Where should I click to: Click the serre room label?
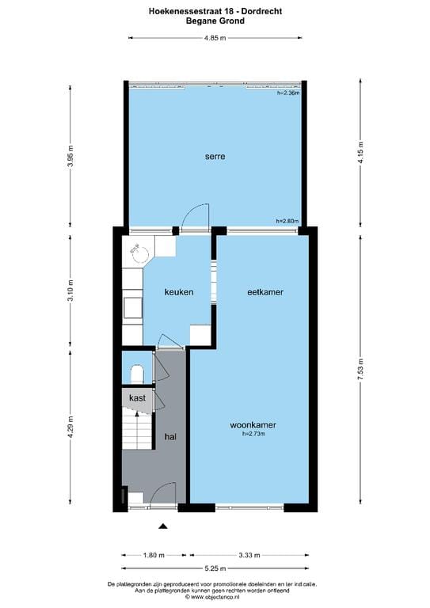[x=215, y=157]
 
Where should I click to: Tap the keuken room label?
[x=178, y=292]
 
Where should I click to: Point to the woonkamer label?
[x=253, y=424]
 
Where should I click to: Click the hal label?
[x=170, y=436]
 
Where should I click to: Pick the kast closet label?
[x=137, y=398]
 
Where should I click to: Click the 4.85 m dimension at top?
[x=215, y=38]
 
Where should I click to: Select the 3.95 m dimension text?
[x=70, y=150]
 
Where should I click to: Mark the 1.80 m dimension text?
[x=154, y=555]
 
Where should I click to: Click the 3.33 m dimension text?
[x=249, y=555]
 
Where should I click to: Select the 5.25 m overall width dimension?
[x=215, y=568]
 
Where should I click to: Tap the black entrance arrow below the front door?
[x=164, y=526]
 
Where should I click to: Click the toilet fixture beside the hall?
[x=135, y=372]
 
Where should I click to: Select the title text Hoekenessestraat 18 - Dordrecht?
[x=215, y=11]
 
